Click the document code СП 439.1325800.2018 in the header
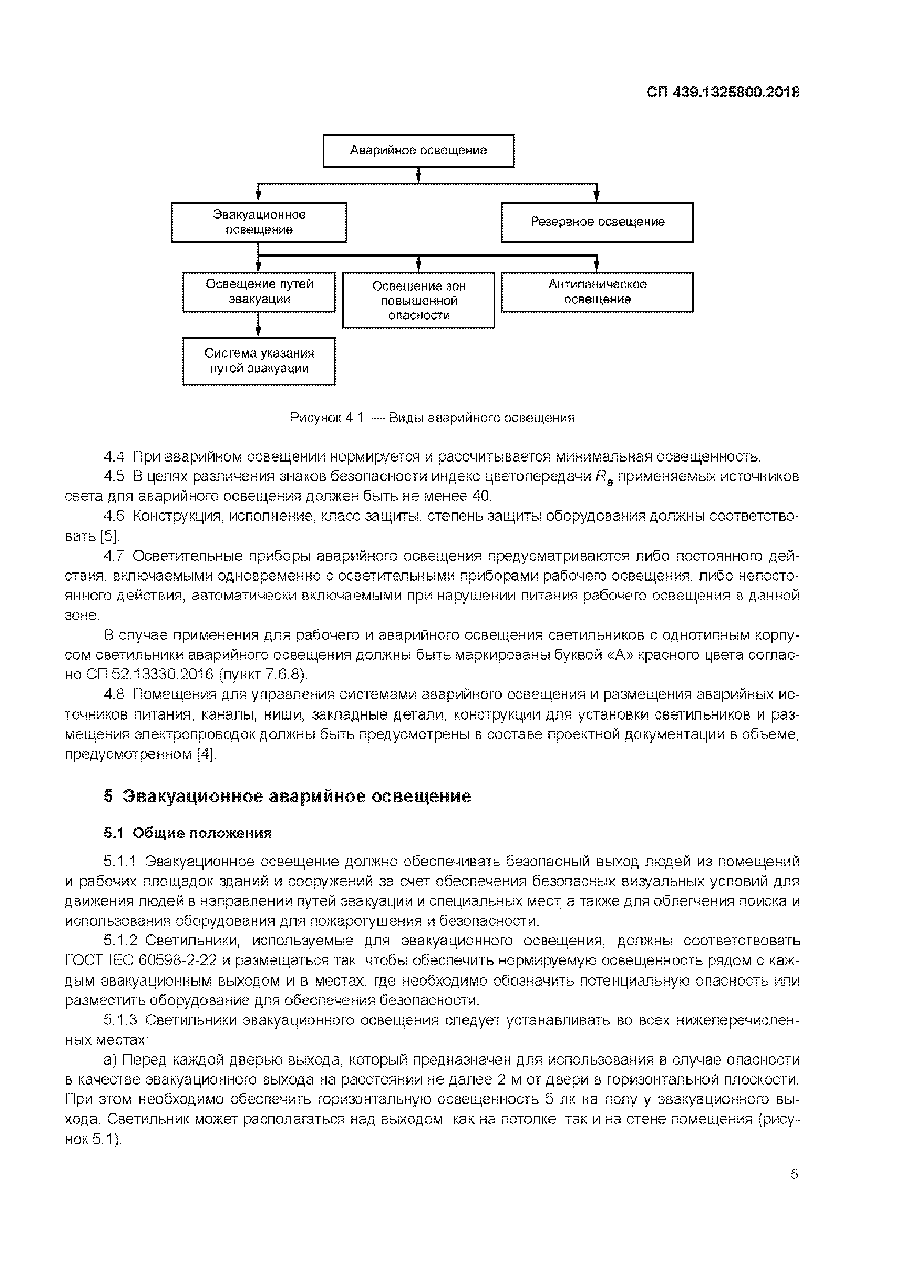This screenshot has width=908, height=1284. tap(722, 92)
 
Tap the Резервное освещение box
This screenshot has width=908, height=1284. tap(597, 222)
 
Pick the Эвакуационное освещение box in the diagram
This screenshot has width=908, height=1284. tap(258, 222)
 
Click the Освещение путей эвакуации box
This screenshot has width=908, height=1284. tap(258, 292)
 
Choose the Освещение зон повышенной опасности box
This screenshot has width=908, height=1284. tap(418, 300)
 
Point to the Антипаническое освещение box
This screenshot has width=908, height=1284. tap(597, 292)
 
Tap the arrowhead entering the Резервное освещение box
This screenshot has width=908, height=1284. tap(597, 196)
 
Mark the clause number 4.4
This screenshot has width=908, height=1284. tap(114, 457)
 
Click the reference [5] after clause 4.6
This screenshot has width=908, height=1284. tap(109, 536)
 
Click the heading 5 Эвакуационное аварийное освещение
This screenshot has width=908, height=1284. tap(287, 796)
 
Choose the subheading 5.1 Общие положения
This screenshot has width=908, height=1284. tap(187, 833)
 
